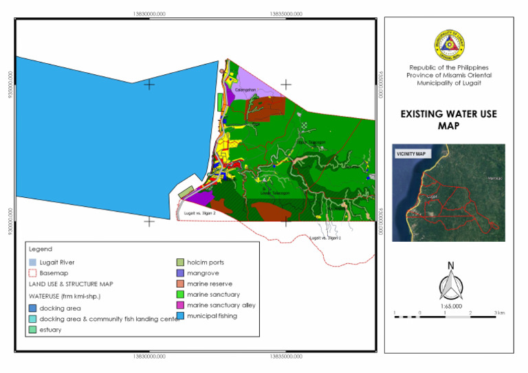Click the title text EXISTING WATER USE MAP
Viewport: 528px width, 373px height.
pos(448,120)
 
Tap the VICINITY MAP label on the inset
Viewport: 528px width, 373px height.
pos(410,154)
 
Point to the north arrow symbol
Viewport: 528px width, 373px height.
pos(450,281)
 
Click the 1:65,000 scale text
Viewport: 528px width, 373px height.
pos(450,306)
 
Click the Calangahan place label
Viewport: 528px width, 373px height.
pos(245,89)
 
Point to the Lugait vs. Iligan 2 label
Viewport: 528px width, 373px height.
pos(200,214)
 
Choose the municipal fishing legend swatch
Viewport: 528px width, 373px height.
pos(180,316)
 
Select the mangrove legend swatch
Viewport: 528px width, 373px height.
pos(180,273)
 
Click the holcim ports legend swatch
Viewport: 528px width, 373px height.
pos(180,262)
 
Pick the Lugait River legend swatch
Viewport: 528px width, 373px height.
pos(32,262)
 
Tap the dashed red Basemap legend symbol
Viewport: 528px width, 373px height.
pos(32,273)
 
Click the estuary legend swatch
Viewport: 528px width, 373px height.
pos(32,330)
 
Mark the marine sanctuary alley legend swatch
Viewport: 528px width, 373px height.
pos(180,305)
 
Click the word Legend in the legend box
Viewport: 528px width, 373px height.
pos(40,249)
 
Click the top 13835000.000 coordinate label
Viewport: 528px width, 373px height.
pos(286,12)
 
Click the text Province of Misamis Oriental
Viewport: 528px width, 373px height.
pos(448,75)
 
